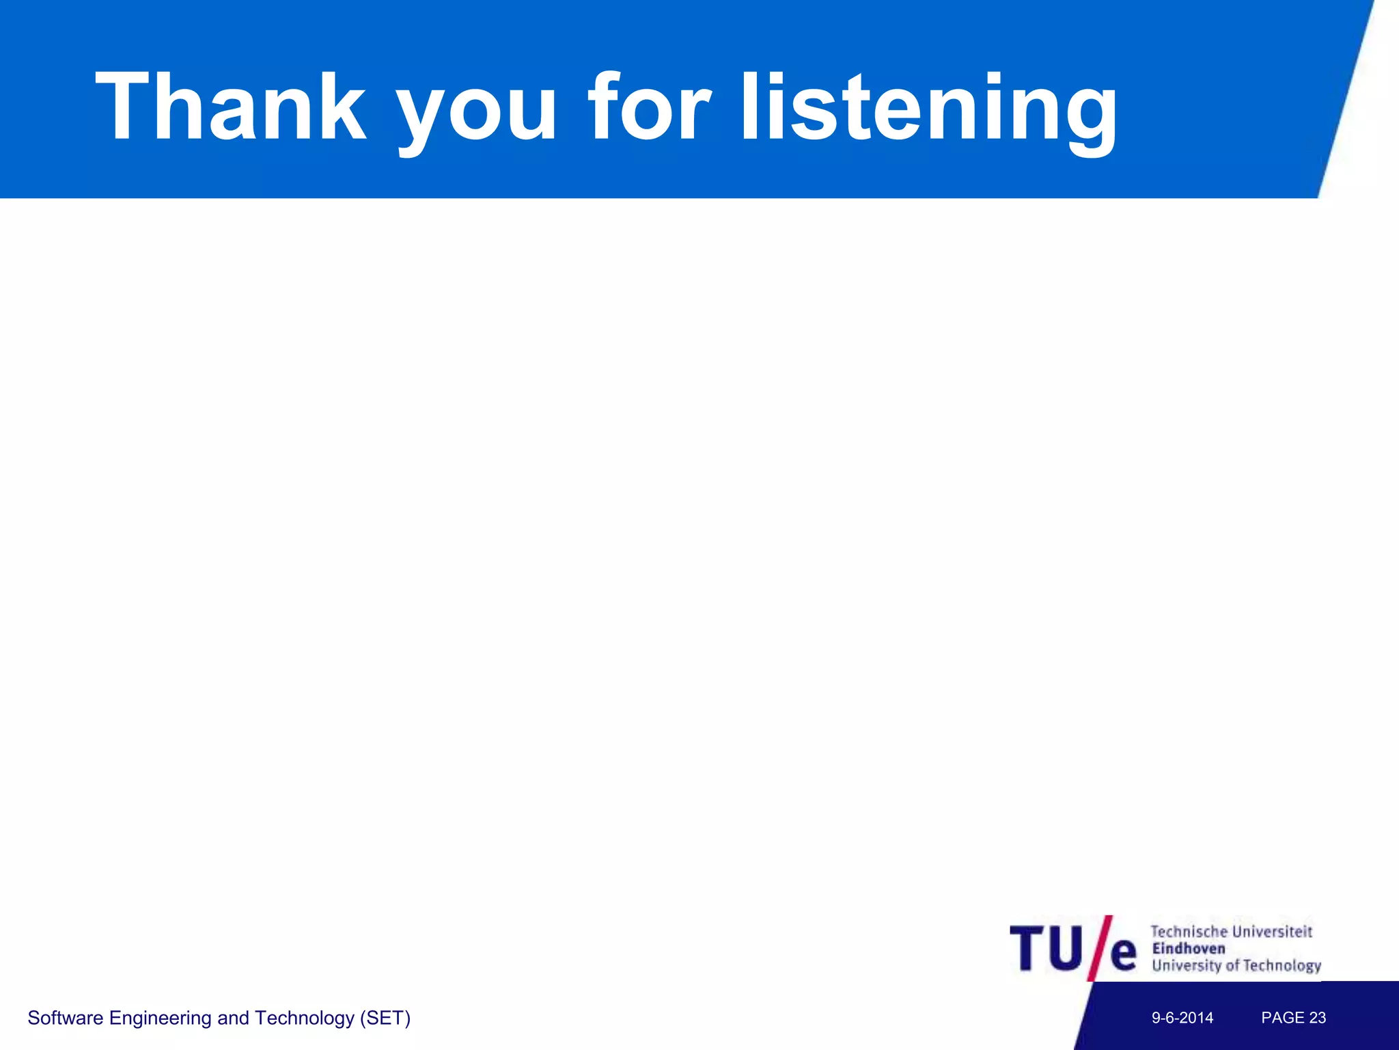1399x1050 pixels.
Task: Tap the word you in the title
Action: [477, 109]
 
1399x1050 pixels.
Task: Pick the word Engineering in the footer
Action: [160, 1019]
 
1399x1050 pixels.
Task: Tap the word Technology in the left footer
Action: [304, 1019]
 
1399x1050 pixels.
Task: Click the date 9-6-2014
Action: [1182, 1018]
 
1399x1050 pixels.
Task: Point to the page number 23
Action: [1318, 1018]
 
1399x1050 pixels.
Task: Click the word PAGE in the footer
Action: [1283, 1018]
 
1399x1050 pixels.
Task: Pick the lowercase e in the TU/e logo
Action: [1123, 954]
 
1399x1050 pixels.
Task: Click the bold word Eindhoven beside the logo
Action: [1189, 948]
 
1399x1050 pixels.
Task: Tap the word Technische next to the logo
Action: [1189, 931]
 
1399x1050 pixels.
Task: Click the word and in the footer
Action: [233, 1018]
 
